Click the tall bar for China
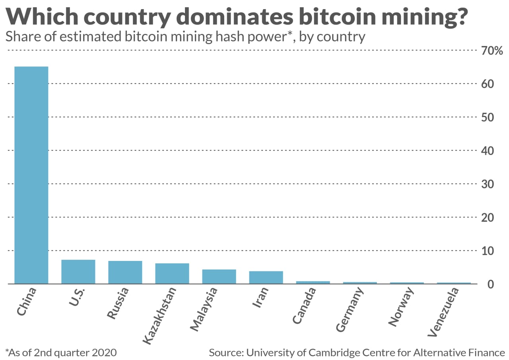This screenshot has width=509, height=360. click(31, 175)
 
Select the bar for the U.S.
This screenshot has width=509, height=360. click(78, 272)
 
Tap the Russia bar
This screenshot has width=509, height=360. click(125, 272)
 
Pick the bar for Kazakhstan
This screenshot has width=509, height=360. click(172, 273)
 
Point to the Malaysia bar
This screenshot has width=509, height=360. click(219, 276)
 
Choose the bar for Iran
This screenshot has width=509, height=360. click(266, 277)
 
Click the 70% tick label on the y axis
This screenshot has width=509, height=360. click(492, 51)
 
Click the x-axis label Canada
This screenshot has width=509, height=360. click(305, 306)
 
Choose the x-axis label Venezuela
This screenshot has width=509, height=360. click(444, 312)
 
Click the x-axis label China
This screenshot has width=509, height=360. click(27, 302)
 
